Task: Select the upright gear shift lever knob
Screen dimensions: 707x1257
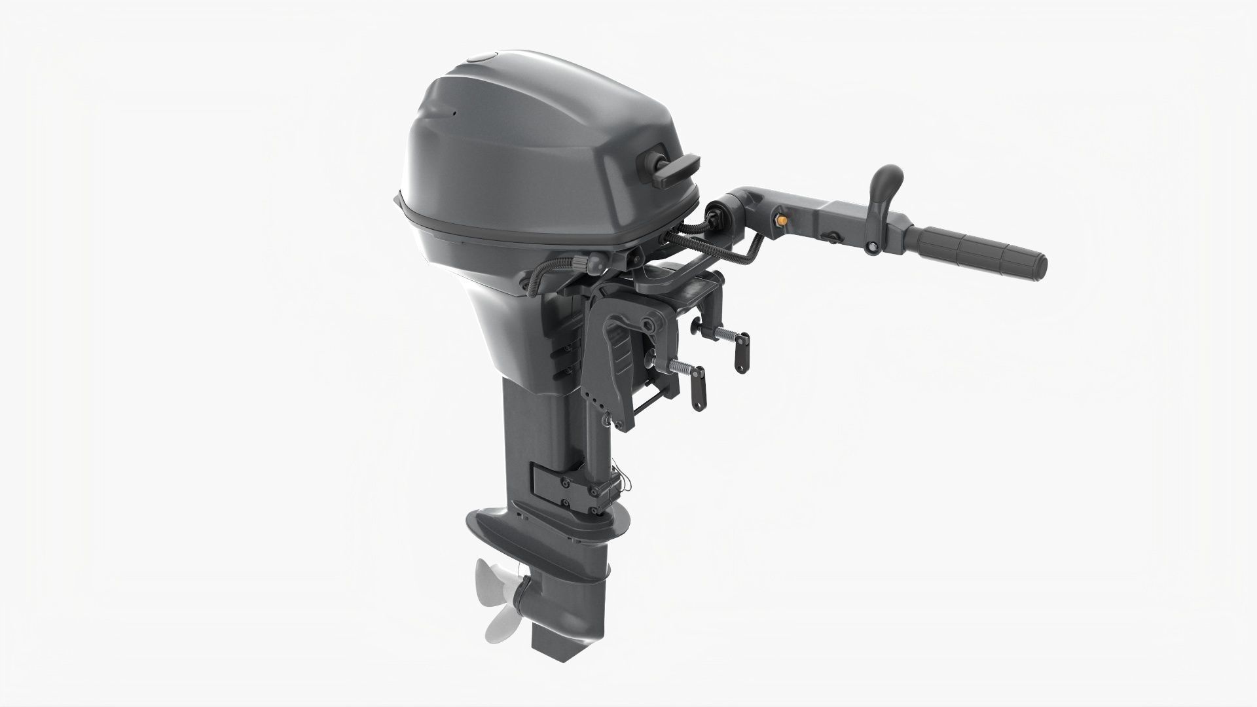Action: tap(888, 183)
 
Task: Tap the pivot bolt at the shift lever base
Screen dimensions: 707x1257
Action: tap(872, 248)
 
